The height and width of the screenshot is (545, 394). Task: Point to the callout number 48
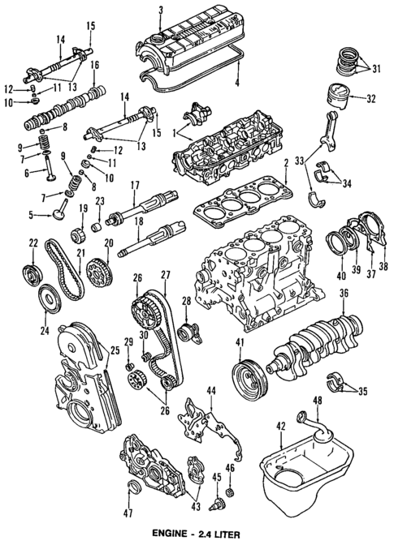(318, 401)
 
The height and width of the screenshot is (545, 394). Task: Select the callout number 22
(33, 242)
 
